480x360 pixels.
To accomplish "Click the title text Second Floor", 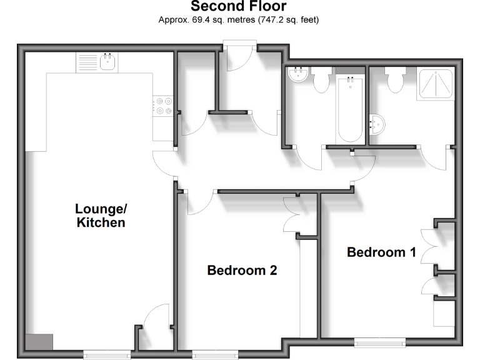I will tap(239, 7).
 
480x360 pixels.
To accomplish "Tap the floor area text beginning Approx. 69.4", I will tap(239, 20).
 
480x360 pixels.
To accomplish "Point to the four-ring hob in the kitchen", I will tap(164, 106).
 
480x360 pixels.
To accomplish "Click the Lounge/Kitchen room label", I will tap(101, 215).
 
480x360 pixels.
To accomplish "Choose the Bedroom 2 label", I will tap(242, 271).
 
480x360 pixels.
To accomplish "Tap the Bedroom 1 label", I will tap(381, 252).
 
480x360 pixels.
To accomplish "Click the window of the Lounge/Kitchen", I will tap(107, 355).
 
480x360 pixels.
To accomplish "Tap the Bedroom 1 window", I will tap(379, 342).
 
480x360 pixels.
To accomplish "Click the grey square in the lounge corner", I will tap(39, 342).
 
